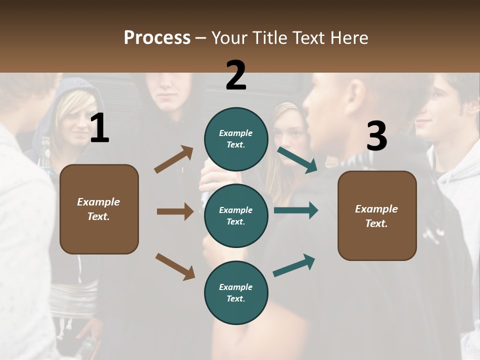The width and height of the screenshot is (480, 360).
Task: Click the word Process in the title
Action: [x=157, y=37]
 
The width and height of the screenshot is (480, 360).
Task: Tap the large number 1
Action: [x=100, y=127]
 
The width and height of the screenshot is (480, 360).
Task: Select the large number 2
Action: [x=236, y=74]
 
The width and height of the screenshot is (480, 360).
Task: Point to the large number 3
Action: [x=376, y=135]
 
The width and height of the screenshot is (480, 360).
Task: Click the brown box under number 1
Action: [x=99, y=209]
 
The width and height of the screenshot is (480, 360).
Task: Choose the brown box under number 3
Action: [x=377, y=216]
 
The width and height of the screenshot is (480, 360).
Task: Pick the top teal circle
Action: [x=236, y=139]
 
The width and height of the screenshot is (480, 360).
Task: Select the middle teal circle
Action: [x=236, y=216]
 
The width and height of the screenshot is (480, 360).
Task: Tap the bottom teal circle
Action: [x=236, y=292]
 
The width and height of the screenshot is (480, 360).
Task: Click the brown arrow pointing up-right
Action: [x=174, y=159]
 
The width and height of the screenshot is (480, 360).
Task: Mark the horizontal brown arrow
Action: [x=175, y=211]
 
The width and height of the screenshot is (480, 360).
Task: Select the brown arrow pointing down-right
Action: [x=175, y=267]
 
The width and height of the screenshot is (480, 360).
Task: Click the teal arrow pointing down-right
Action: [x=297, y=160]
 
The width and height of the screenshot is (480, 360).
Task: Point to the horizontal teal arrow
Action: [x=296, y=210]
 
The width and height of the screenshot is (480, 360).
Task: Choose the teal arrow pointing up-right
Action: [x=294, y=265]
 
